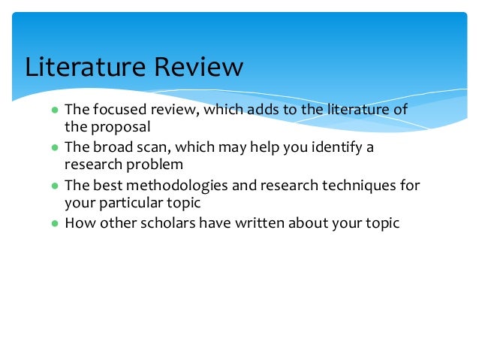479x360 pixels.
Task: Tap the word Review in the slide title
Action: click(x=198, y=67)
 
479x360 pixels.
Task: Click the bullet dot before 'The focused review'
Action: click(x=55, y=110)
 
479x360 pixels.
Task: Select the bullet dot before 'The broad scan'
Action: click(x=55, y=147)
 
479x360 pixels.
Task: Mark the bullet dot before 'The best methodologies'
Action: click(x=55, y=185)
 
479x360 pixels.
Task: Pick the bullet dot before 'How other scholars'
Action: click(x=55, y=222)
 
